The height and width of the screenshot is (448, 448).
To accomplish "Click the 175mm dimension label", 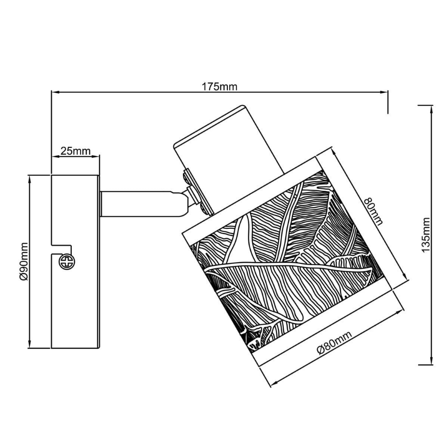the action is tap(220, 86).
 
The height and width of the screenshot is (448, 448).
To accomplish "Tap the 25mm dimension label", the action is tap(76, 151).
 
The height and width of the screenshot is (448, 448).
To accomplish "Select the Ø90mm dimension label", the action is tap(24, 262).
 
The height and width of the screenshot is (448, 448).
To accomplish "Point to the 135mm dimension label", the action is tap(425, 235).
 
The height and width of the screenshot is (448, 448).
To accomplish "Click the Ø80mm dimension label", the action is tap(334, 343).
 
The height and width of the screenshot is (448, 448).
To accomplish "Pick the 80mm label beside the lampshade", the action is tap(374, 211).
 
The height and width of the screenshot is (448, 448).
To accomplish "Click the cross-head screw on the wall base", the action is tap(67, 262).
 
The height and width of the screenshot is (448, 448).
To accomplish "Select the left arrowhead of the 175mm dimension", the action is tap(55, 92).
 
